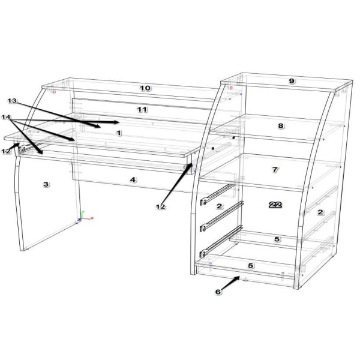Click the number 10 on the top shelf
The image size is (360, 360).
(145, 88)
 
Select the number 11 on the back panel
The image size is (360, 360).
(142, 110)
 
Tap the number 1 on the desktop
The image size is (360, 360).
(119, 133)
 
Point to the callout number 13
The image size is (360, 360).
(12, 101)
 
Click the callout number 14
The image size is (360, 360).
(6, 117)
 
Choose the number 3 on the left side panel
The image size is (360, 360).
(46, 184)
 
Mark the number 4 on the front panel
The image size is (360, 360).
(133, 180)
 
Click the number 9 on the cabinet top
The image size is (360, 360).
(292, 81)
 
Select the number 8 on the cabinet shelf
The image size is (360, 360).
(281, 126)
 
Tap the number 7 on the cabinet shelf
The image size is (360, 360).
(275, 170)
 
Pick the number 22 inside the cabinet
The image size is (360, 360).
(275, 205)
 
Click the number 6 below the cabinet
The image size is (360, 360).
(218, 292)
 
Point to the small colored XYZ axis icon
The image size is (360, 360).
(85, 216)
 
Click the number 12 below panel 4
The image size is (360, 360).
(160, 207)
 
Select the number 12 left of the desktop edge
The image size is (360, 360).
(6, 151)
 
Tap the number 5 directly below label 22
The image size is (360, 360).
(277, 239)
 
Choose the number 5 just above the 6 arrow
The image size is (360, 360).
(250, 266)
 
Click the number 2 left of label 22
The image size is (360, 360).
(219, 206)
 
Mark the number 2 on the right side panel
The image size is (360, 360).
(320, 212)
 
